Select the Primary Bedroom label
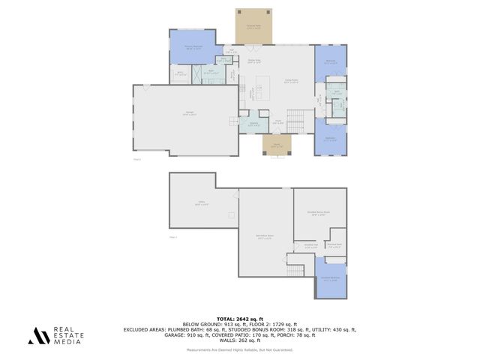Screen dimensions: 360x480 coord(193,46)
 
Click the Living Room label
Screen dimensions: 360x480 coord(291,81)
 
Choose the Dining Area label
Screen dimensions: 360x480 coord(254,61)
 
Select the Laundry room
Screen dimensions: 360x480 coord(253,124)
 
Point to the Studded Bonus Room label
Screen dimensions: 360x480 coord(319,213)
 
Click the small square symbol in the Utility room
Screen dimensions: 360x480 coord(231,216)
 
